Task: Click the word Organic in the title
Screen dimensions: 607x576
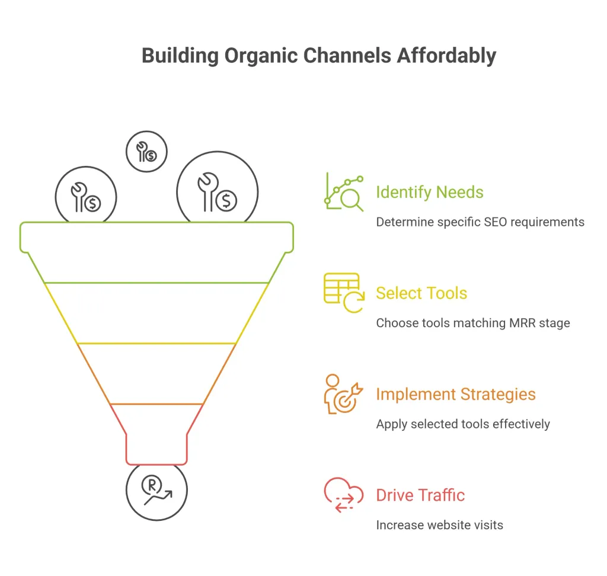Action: pyautogui.click(x=261, y=56)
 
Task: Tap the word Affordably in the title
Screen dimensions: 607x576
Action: pyautogui.click(x=446, y=56)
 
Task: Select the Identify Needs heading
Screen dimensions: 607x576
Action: pyautogui.click(x=430, y=193)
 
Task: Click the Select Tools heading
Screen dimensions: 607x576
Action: pyautogui.click(x=421, y=293)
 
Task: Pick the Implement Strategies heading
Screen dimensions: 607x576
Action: pyautogui.click(x=456, y=395)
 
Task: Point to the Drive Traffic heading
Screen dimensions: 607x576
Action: pyautogui.click(x=420, y=495)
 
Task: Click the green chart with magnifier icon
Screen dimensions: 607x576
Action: pyautogui.click(x=344, y=192)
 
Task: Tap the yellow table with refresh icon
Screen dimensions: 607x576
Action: pyautogui.click(x=344, y=293)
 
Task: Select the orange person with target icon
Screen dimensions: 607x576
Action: pyautogui.click(x=344, y=394)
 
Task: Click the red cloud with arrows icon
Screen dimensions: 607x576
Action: pyautogui.click(x=344, y=495)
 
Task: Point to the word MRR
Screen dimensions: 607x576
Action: pyautogui.click(x=522, y=323)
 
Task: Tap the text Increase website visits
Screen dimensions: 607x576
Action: pyautogui.click(x=439, y=525)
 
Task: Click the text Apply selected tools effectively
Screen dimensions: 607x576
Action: pyautogui.click(x=463, y=424)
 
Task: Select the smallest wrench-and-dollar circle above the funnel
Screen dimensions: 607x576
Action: pyautogui.click(x=147, y=151)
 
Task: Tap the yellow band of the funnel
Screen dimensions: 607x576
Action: pyautogui.click(x=156, y=313)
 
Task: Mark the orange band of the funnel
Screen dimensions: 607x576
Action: pyautogui.click(x=156, y=374)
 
